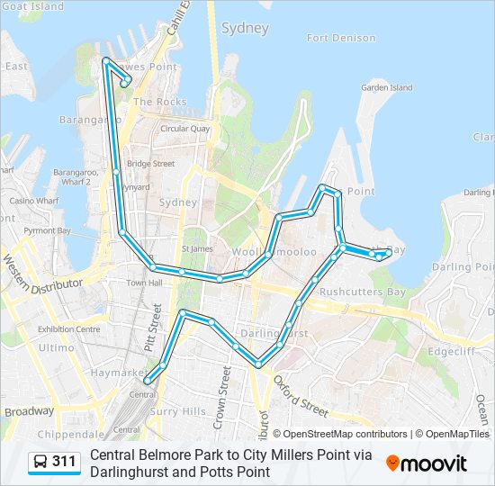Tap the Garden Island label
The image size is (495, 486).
[x=386, y=87]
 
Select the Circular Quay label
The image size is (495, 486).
[x=184, y=129]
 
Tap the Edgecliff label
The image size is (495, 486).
[x=450, y=351]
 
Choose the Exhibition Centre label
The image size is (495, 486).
[x=68, y=329]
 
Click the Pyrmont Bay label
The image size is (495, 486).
[x=47, y=230]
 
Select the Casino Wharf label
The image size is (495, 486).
[x=35, y=200]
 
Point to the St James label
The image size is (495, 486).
[x=196, y=248]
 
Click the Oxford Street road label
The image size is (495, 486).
[x=301, y=396]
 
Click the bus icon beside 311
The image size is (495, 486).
[x=40, y=462]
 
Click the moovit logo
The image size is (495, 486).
[x=427, y=463]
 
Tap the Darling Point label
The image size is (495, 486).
[x=463, y=267]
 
